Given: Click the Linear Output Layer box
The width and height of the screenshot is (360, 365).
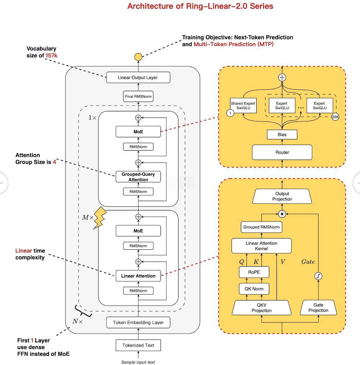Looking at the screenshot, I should [x=138, y=77].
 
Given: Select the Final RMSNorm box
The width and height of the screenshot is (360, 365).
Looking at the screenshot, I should [x=138, y=97].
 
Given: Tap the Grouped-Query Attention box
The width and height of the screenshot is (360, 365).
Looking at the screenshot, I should [x=138, y=177].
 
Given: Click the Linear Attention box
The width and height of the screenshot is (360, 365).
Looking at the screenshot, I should [x=138, y=276].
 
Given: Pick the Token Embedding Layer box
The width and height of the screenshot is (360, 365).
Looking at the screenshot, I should [x=138, y=322].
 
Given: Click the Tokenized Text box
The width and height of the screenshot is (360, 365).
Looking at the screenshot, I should [x=138, y=345].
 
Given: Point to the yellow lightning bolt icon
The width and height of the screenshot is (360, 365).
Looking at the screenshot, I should [x=99, y=218].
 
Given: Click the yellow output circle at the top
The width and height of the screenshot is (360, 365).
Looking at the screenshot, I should [x=138, y=57].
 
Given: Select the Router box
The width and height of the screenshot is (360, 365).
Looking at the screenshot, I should [x=282, y=152].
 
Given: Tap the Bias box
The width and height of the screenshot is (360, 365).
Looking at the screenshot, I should [x=282, y=134].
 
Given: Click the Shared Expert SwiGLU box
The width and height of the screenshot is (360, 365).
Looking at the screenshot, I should [x=243, y=106].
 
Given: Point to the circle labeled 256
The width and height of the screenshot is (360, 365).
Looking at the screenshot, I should [x=335, y=117].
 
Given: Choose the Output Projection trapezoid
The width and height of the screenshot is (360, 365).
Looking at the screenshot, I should [x=282, y=196].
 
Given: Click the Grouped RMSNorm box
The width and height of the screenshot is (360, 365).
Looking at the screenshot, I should [x=261, y=227].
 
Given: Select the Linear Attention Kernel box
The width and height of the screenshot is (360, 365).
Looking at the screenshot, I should [x=261, y=246].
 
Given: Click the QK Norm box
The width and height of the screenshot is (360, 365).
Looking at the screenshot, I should [x=254, y=289].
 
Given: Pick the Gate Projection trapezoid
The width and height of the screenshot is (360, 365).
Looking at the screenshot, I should [x=318, y=308].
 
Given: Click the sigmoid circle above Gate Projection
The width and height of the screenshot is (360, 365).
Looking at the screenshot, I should [x=318, y=276].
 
